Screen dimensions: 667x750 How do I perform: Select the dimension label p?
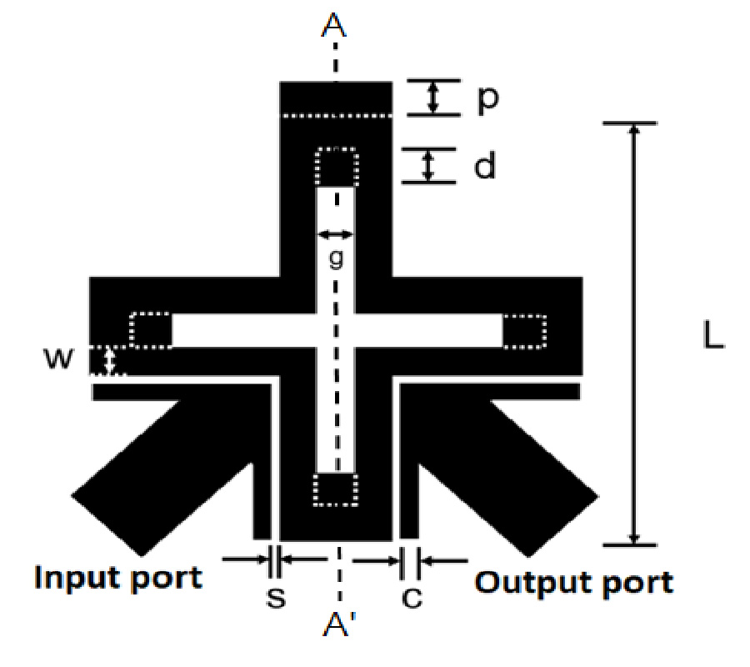tap(487, 98)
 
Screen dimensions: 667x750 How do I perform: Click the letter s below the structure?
tap(274, 598)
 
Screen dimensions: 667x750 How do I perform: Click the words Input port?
tap(118, 578)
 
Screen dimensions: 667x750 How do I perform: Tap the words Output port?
tap(574, 581)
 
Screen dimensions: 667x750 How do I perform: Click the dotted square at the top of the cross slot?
tap(337, 167)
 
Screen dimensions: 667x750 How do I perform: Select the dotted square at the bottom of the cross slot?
tap(337, 489)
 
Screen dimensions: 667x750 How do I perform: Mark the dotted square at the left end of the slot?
tap(151, 330)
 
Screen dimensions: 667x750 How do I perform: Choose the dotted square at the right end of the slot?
tap(524, 331)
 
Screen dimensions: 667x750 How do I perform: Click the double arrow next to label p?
tap(432, 97)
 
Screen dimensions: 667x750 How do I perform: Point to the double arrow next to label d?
tap(428, 166)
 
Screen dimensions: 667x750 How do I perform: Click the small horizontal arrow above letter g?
tap(336, 233)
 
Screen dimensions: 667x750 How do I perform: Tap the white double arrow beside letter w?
tap(108, 362)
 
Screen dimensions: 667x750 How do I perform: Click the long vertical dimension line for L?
tap(634, 333)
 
